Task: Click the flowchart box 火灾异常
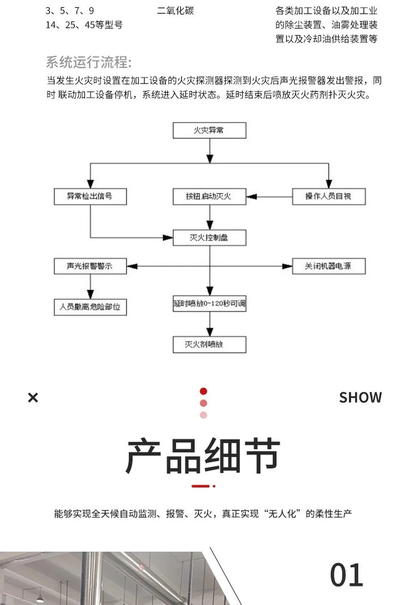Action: point(209,131)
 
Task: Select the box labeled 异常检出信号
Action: point(90,196)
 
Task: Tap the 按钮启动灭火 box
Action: point(209,196)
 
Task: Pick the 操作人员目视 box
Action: point(328,196)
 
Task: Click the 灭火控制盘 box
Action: point(209,238)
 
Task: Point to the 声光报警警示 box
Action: point(90,267)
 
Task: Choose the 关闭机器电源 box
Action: point(328,267)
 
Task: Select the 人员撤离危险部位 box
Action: point(90,307)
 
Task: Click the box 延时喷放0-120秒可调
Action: point(209,304)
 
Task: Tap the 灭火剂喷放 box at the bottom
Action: point(209,344)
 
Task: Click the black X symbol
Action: point(33,398)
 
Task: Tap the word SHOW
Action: point(360,398)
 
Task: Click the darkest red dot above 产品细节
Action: point(203,391)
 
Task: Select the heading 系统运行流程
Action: point(89,62)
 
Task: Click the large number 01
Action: point(347,575)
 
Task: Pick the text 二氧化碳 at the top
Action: point(175,11)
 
